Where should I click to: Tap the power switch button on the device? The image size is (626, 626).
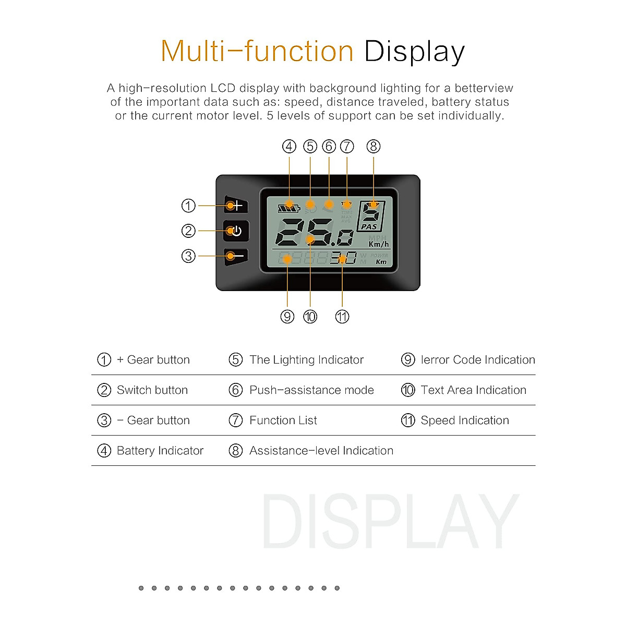pos(236,231)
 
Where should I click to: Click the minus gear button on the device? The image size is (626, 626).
pos(236,256)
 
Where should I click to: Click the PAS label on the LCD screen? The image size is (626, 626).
pos(369,226)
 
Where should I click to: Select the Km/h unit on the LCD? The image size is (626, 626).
pos(379,244)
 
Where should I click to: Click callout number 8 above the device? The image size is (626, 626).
pos(374,147)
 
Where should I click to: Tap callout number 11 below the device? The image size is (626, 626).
pos(342,317)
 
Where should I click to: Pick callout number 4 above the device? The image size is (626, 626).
pos(289,147)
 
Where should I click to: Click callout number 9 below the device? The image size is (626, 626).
pos(287,317)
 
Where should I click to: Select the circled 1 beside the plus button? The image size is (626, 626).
pos(188,206)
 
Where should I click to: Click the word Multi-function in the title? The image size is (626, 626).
pos(257,51)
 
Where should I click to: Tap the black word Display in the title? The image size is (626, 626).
pos(414,51)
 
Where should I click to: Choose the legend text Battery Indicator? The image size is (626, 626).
pos(160,451)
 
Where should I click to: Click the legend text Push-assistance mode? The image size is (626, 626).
pos(311,390)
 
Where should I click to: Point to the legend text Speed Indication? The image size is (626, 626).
pos(465,420)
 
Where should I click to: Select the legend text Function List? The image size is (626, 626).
pos(283,420)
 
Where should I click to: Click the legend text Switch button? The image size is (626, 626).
pos(152,390)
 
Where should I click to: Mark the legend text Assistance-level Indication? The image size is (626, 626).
pos(321,451)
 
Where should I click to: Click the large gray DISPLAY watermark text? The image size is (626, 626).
pos(390,522)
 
